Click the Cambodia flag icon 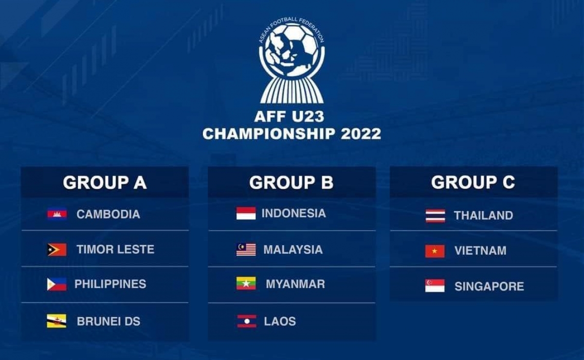tap(57, 214)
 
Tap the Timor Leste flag tap(57, 250)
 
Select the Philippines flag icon tap(57, 285)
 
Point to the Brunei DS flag tap(56, 321)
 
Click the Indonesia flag tap(246, 213)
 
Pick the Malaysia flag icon tap(246, 250)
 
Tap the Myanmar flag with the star tap(246, 283)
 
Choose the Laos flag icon tap(247, 321)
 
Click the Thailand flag tap(435, 216)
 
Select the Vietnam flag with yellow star tap(435, 252)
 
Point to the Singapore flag tap(435, 286)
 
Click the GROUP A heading tap(105, 182)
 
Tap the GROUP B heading tap(291, 182)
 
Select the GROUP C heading tap(473, 182)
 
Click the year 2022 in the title tap(361, 134)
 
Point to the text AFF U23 tap(289, 117)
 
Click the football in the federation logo tap(292, 51)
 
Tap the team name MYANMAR tap(295, 284)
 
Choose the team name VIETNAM tap(480, 251)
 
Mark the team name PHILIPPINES tap(110, 284)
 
